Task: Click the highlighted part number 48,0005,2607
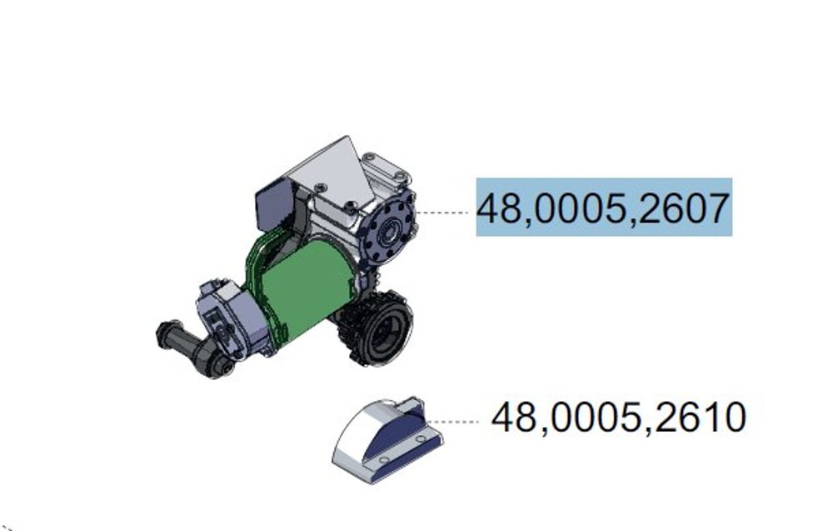click(603, 208)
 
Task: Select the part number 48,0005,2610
click(619, 418)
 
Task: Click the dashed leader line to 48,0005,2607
click(442, 212)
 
